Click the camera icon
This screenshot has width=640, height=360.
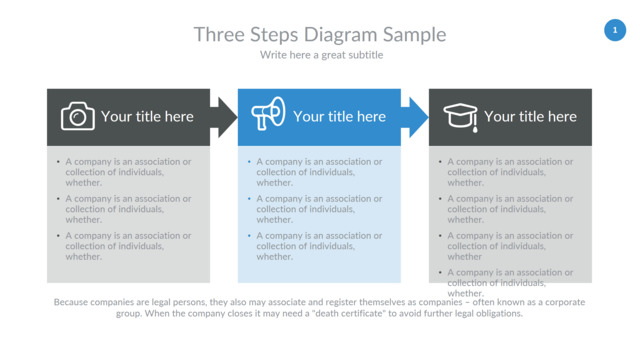pos(78,116)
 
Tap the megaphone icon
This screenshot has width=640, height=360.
pos(268,113)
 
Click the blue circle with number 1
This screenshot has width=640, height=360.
pos(615,30)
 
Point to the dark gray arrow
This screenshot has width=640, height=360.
pos(224,118)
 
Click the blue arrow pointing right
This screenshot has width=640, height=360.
pos(415,118)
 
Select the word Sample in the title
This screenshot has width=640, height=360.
pos(414,35)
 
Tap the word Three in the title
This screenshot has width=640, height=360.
pos(220,34)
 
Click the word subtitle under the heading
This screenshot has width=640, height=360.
pos(364,55)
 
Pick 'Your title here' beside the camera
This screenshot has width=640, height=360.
pos(147,117)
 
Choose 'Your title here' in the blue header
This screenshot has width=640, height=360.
pos(340,117)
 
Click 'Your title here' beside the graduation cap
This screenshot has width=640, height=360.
pos(531,117)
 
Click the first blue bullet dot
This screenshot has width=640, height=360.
pos(249,162)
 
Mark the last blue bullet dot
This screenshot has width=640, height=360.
pos(249,236)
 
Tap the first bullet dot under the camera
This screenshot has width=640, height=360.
pos(58,162)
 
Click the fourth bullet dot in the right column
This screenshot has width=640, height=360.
pos(440,272)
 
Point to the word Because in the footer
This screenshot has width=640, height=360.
pos(71,302)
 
